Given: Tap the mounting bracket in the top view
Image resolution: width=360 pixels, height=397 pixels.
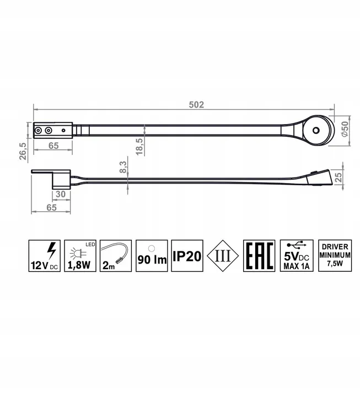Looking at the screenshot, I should (52, 131).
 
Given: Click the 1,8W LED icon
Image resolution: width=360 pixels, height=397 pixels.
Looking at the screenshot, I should (81, 256).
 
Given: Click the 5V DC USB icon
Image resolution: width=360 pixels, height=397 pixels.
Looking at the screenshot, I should (296, 256).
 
